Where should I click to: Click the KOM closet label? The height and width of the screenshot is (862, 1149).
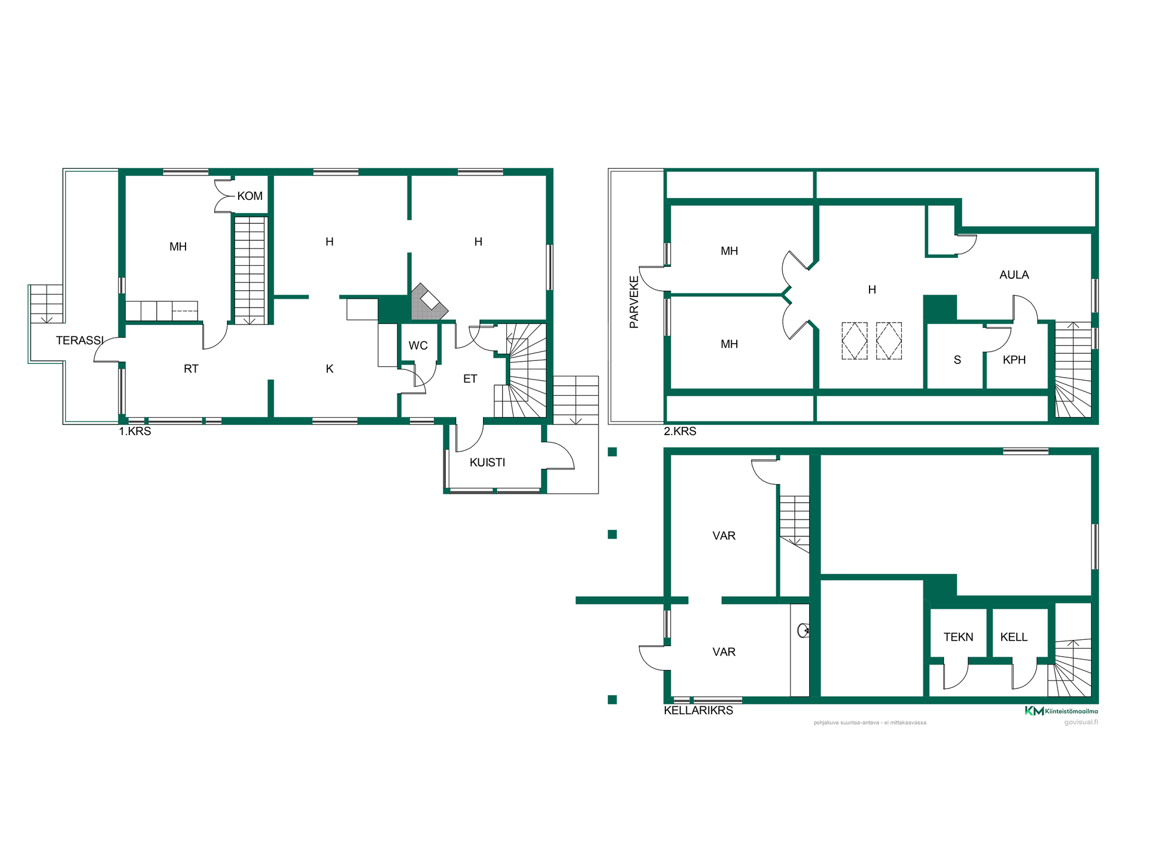[250, 196]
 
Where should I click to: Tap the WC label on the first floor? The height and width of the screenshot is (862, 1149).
[418, 345]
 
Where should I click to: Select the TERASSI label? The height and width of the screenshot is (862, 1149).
[80, 341]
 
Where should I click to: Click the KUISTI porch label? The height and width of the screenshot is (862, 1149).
[487, 462]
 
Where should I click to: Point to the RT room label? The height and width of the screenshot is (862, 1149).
[191, 369]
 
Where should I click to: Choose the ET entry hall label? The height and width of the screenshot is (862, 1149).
[470, 379]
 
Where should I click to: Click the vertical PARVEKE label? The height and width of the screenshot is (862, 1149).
[634, 302]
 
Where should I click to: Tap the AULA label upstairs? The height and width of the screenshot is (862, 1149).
[1014, 275]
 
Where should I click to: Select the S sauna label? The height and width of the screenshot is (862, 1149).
[957, 360]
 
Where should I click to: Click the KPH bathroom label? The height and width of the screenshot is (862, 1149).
[1014, 360]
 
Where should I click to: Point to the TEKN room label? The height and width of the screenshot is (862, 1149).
[959, 637]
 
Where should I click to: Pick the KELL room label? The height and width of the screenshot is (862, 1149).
[1014, 637]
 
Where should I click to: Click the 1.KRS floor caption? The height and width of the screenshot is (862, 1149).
[135, 431]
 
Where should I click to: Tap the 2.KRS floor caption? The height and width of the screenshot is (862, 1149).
[680, 431]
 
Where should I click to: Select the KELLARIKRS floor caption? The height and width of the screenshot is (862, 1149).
[698, 711]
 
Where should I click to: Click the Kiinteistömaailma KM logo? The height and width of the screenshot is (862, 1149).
[1061, 711]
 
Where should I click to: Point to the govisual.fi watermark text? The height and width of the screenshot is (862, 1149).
[1081, 722]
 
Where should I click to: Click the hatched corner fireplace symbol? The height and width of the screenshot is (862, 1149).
[428, 302]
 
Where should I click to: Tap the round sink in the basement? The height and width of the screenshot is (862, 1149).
[804, 630]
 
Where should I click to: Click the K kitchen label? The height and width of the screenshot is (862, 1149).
[330, 369]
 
